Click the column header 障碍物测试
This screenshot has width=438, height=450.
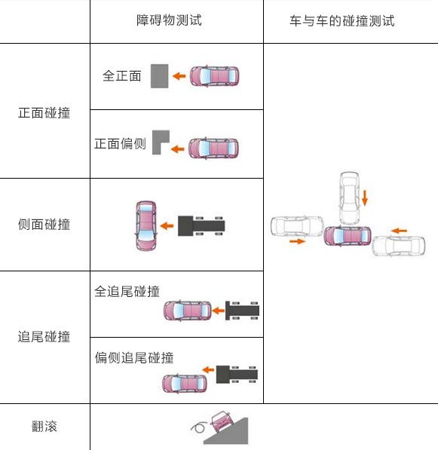click(169, 20)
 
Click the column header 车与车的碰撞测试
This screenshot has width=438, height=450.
click(342, 21)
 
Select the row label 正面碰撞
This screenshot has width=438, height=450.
click(44, 113)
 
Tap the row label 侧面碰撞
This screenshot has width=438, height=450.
click(44, 224)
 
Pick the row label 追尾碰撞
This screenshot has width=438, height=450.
click(44, 336)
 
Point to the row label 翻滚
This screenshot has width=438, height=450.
click(44, 426)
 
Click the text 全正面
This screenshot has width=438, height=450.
click(122, 76)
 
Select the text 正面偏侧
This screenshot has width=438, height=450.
click(121, 143)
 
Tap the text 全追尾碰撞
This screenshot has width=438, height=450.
click(127, 291)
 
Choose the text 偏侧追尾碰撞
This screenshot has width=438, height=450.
click(134, 358)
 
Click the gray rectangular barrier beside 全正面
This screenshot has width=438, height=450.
click(160, 76)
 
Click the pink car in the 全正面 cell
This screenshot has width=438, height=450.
click(214, 76)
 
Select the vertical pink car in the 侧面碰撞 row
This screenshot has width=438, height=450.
click(146, 225)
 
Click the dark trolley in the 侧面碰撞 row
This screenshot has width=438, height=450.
click(201, 226)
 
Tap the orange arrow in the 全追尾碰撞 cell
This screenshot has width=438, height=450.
click(219, 311)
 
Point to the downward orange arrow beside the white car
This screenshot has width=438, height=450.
click(365, 198)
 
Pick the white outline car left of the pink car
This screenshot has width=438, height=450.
click(297, 226)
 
